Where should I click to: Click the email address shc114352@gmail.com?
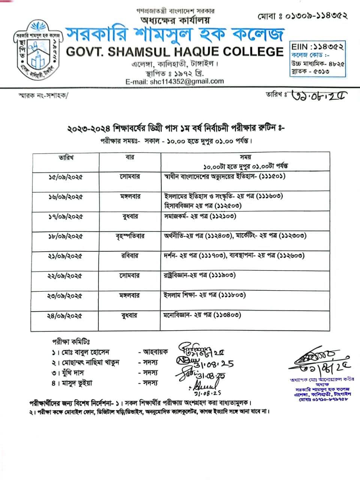click(x=175, y=81)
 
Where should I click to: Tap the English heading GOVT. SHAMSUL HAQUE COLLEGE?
click(x=175, y=51)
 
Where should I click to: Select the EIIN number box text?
click(x=317, y=47)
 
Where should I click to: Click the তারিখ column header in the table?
click(x=66, y=158)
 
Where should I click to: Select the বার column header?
click(x=130, y=158)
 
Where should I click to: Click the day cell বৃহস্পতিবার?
click(x=130, y=236)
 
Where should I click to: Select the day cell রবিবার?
click(x=130, y=256)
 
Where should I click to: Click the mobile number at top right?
click(x=302, y=16)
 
